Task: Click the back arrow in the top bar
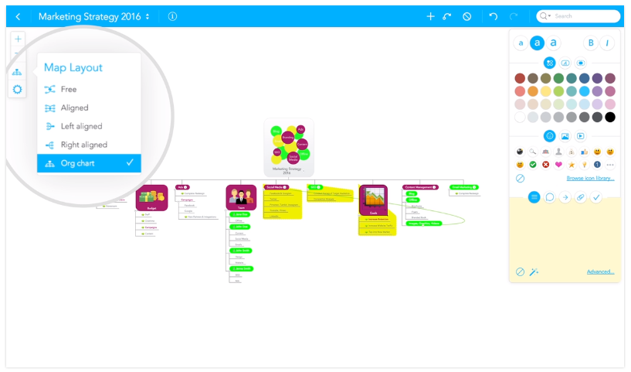[18, 16]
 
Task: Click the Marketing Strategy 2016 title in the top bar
[90, 16]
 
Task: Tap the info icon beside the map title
[172, 16]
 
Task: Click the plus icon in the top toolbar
[431, 16]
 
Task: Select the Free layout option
[69, 90]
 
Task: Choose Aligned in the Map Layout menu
[74, 108]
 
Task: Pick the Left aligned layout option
[81, 126]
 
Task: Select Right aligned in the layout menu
[83, 145]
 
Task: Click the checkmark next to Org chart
[130, 163]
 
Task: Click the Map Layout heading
[73, 68]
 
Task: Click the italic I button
[609, 43]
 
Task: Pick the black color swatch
[610, 118]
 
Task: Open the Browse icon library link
[590, 179]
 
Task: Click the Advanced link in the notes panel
[600, 272]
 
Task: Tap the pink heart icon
[558, 165]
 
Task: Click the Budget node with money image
[151, 198]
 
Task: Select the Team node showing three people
[241, 198]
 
